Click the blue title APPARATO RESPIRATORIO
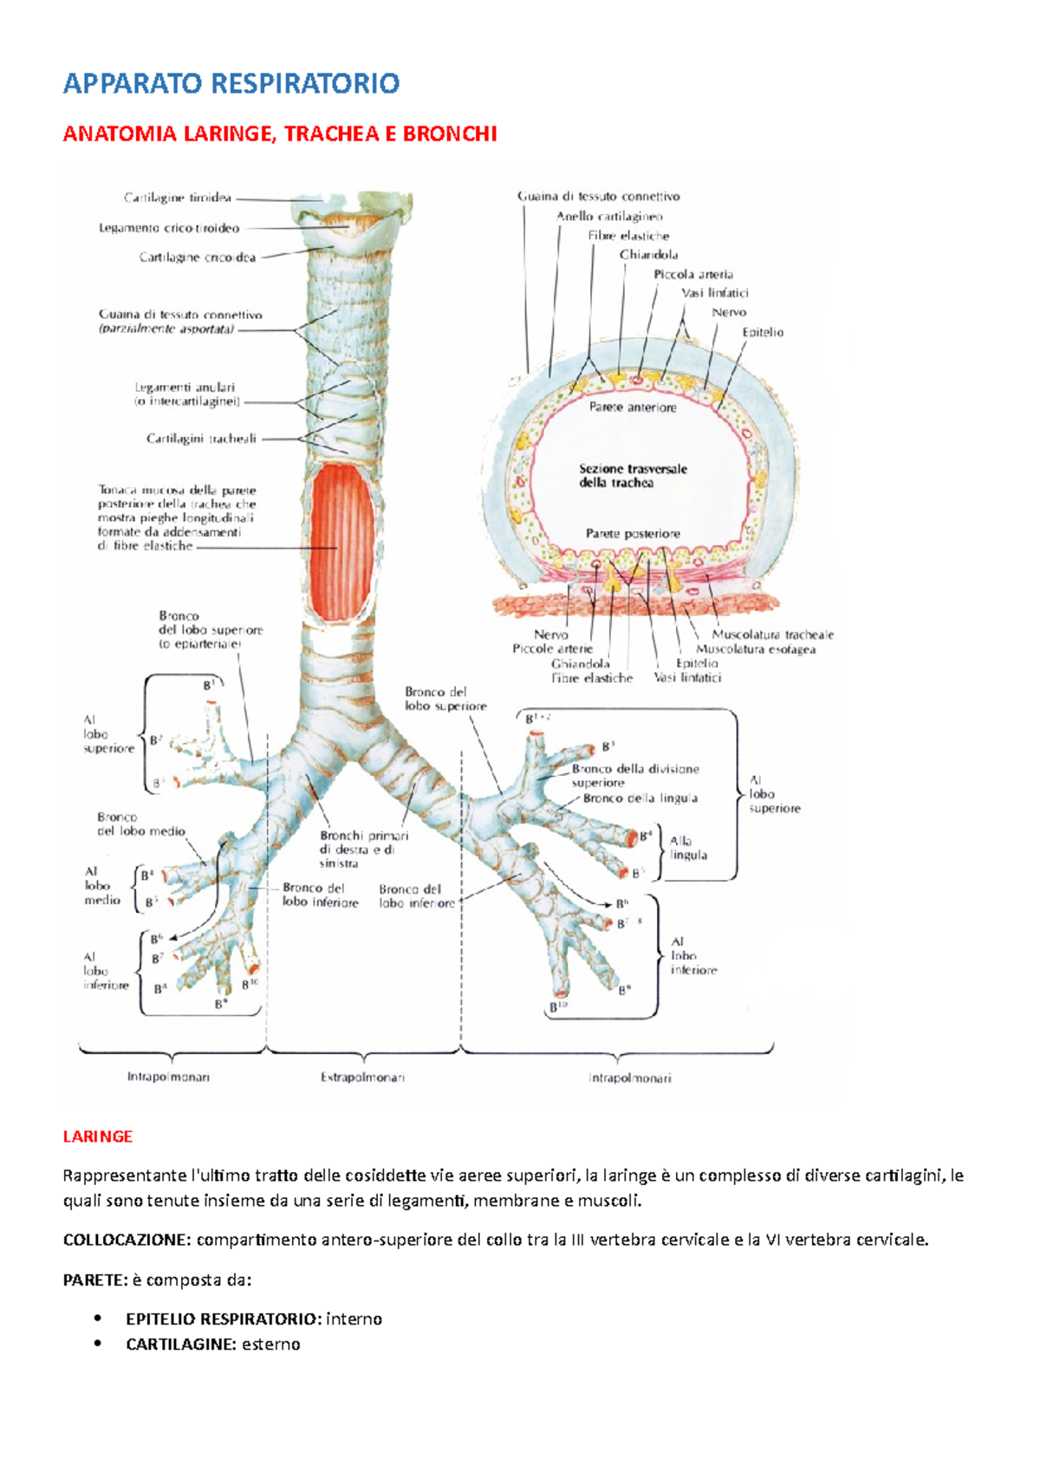pos(231,84)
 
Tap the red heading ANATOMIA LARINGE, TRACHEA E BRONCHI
pos(280,134)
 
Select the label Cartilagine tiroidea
pos(178,199)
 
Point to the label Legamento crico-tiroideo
pos(169,229)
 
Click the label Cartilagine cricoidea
pos(198,257)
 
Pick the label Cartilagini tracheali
pos(201,439)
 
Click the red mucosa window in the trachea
pos(342,542)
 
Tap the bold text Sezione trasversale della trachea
pos(633,475)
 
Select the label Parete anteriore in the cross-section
pos(633,407)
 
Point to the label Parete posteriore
pos(633,534)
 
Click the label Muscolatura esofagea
pos(756,649)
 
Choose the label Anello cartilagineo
pos(609,217)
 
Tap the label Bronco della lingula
pos(640,798)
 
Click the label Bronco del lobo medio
pos(141,824)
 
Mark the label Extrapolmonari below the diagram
pos(362,1078)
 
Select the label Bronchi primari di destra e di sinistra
pos(363,850)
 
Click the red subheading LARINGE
pos(98,1137)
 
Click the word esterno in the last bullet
pos(271,1345)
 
